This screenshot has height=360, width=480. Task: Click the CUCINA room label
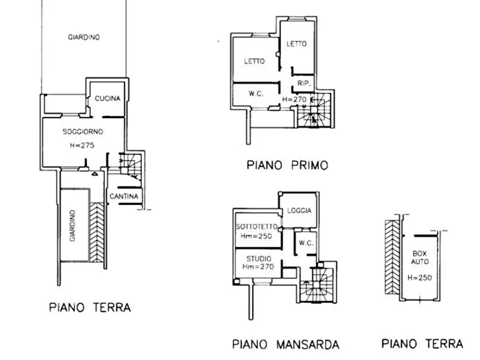pos(108,98)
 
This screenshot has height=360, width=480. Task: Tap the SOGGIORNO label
pos(83,132)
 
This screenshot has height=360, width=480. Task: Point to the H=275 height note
pos(82,145)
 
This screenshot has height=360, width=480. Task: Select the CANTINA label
pos(124,196)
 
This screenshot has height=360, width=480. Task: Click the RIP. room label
pos(304,83)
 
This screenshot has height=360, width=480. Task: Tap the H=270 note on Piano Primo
pos(294,99)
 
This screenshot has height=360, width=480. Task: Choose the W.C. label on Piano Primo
pos(256,93)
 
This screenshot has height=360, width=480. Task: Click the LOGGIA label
pos(299,211)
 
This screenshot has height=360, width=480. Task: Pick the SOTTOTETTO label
pos(257,227)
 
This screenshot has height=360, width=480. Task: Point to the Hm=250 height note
pos(256,236)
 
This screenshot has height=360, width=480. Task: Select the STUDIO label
pos(259,258)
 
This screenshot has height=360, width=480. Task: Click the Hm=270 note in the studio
pos(258,267)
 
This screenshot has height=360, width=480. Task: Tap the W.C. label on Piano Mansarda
pos(306,243)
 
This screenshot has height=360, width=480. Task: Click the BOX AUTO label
pos(420,257)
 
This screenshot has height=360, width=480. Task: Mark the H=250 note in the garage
pos(420,278)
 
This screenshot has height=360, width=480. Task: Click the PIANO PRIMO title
pos(288,165)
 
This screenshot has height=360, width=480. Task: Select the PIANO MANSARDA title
pos(286,344)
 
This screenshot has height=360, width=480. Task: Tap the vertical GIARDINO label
pos(73,226)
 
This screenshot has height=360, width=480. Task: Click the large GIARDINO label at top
pos(84,38)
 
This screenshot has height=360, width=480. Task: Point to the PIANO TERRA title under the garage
pos(422,344)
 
